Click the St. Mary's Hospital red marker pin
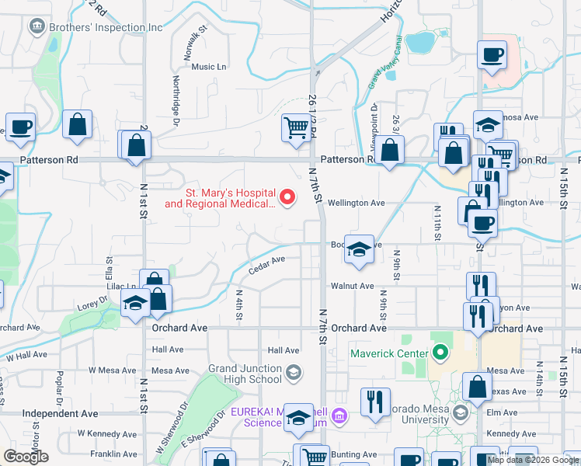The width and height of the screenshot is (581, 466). click(x=288, y=197)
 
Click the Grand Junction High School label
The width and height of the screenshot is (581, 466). click(x=244, y=374)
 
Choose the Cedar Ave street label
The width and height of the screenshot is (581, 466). click(x=266, y=266)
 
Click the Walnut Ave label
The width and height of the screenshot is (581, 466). click(x=352, y=286)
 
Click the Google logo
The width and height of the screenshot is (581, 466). click(x=26, y=457)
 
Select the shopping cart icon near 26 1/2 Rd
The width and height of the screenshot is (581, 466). click(x=296, y=127)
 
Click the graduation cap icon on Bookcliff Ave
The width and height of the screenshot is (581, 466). click(x=358, y=249)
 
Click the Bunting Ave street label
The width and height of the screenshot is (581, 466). click(x=354, y=454)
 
